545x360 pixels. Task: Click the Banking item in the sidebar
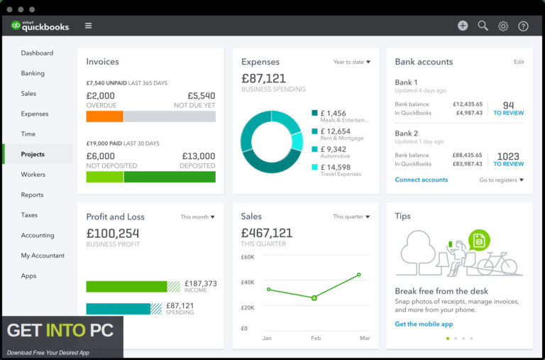point(33,73)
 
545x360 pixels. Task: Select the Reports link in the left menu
point(32,195)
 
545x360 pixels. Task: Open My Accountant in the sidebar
point(43,256)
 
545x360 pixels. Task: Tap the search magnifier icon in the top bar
point(483,26)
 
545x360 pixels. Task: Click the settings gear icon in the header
point(503,26)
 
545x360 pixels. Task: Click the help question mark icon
point(523,26)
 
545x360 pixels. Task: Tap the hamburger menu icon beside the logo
point(88,26)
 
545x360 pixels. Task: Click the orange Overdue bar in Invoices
point(104,116)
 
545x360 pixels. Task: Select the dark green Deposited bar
point(170,177)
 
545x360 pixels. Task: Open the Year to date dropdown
point(352,62)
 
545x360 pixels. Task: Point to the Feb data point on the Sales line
point(314,298)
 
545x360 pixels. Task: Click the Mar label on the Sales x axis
point(365,338)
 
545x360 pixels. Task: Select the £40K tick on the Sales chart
point(248,283)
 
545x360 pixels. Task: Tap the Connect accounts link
point(422,180)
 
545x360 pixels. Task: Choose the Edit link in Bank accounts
point(519,62)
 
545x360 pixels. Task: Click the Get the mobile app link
point(424,324)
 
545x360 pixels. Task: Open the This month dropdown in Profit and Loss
point(197,217)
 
